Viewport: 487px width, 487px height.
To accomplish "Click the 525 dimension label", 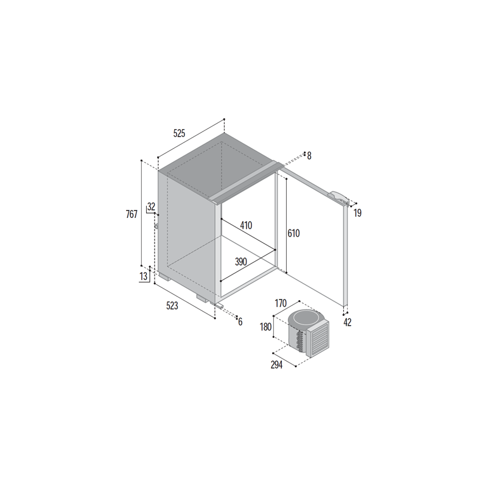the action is [x=179, y=133].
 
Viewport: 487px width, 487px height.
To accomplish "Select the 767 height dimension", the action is [x=131, y=214].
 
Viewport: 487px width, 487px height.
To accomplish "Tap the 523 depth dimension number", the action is [x=172, y=306].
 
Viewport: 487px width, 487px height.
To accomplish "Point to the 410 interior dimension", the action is [x=246, y=225].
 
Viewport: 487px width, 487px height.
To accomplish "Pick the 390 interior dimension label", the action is [x=240, y=262].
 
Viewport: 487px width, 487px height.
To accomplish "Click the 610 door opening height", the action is [x=293, y=233].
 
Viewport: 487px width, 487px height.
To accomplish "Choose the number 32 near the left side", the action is [x=151, y=206].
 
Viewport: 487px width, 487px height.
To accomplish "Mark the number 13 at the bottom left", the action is [x=144, y=276].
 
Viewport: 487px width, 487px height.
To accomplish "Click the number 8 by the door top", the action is [x=309, y=156].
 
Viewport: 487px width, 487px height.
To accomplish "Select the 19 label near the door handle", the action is [x=357, y=213].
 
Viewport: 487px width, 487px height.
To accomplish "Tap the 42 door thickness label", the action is [x=348, y=323].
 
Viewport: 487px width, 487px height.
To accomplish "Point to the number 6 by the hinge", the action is [x=240, y=322].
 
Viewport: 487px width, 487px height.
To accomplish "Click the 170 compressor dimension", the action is [x=281, y=303].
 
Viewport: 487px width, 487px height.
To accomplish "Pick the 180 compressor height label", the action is [x=265, y=327].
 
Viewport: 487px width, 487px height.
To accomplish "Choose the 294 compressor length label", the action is [x=276, y=365].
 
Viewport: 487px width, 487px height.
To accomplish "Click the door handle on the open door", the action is [x=339, y=197].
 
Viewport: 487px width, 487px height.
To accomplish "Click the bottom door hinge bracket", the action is [x=219, y=306].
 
